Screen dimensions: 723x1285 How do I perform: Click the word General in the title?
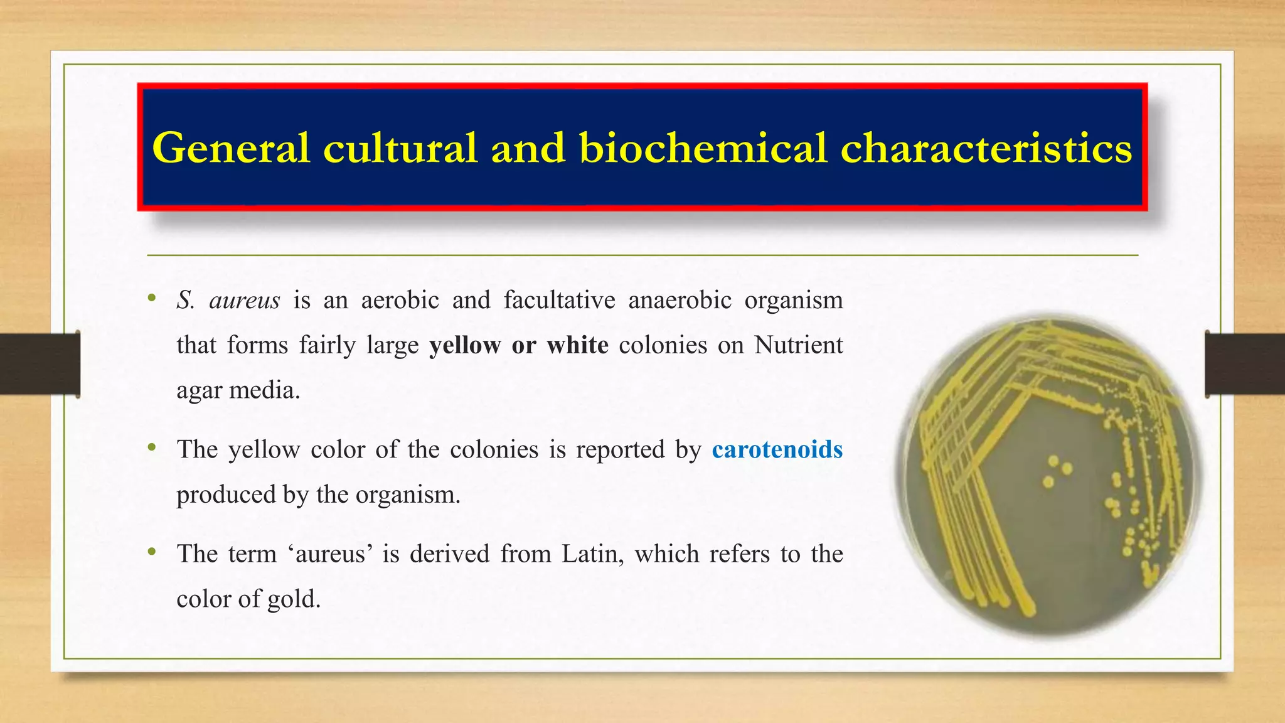231,148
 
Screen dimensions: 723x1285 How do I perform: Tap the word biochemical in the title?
703,148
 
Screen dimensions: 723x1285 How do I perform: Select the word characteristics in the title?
986,148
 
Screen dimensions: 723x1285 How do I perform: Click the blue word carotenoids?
777,449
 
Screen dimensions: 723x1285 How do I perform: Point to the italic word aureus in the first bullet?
244,301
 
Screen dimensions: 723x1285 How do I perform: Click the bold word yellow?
465,345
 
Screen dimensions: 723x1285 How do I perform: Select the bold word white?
577,345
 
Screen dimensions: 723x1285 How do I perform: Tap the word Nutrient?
798,345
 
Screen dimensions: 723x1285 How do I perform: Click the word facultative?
559,300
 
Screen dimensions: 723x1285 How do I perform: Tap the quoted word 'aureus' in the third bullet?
331,554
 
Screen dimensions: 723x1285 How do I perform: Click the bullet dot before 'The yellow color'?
151,447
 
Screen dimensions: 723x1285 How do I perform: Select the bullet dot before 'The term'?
151,552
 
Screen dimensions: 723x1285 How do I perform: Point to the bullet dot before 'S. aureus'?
151,298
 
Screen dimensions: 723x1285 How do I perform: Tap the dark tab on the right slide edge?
1245,364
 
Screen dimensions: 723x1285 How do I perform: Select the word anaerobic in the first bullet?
680,300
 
